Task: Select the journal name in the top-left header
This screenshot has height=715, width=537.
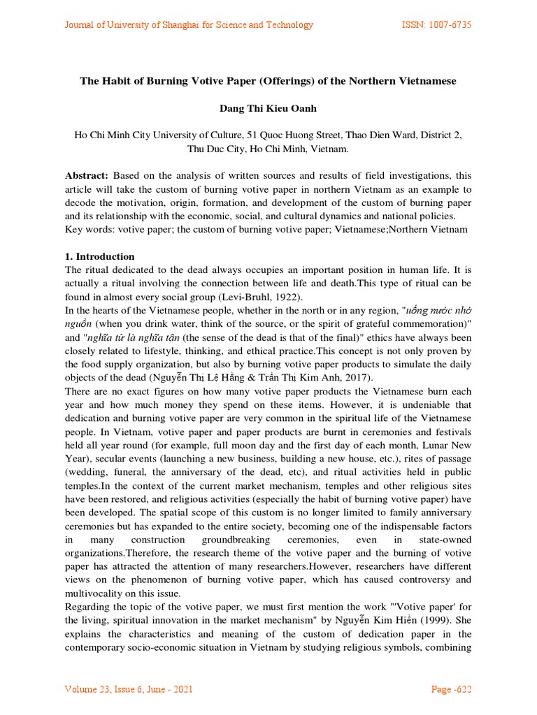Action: [189, 25]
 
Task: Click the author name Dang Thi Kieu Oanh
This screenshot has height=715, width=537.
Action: [268, 108]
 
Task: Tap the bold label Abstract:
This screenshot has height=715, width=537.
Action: [87, 176]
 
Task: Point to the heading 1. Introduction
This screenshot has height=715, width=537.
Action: [99, 256]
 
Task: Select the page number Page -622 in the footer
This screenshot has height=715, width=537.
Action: [451, 690]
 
